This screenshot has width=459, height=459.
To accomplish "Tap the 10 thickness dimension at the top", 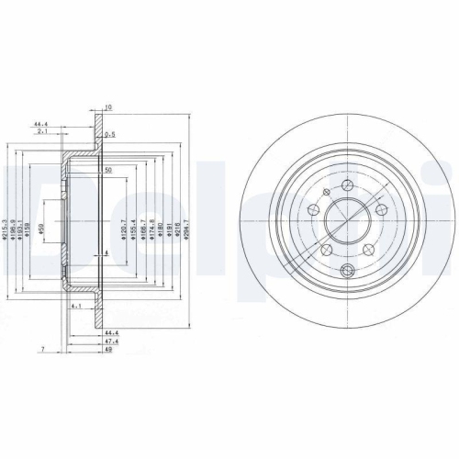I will click(107, 108).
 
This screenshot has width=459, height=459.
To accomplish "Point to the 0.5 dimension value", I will click(110, 135).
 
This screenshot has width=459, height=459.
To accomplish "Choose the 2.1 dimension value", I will click(42, 131).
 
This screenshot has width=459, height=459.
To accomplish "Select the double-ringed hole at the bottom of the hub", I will click(346, 270).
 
